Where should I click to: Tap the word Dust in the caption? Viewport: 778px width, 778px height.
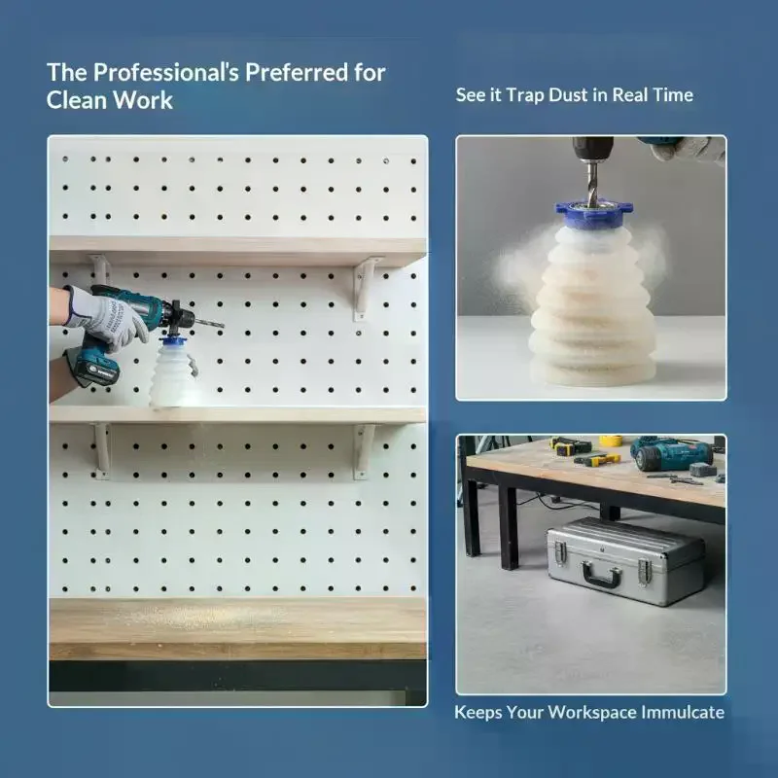568,94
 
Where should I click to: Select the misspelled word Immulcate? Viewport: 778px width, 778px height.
683,712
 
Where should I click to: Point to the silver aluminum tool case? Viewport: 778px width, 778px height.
626,561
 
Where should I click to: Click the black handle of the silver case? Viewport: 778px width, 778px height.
601,576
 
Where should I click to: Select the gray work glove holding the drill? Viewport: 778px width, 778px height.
107,318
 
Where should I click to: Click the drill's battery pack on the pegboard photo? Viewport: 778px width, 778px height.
94,368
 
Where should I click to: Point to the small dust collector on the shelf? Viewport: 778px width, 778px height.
174,372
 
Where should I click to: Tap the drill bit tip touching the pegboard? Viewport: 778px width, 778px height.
224,326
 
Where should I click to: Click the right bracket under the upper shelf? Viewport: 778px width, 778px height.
365,288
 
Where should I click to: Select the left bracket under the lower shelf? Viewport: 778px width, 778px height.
102,449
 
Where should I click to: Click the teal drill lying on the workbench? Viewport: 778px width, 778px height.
672,454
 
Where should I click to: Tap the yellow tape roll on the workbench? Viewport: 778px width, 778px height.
611,441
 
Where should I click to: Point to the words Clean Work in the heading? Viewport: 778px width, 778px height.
110,100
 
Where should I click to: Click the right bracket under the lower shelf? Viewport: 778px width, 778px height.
364,451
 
